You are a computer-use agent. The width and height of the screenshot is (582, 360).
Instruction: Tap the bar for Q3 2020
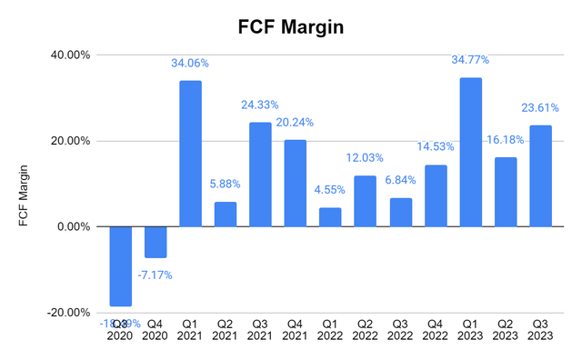click(121, 266)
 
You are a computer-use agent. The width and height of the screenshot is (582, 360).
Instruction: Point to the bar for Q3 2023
click(540, 176)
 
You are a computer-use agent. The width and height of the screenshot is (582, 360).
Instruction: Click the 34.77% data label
click(470, 60)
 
